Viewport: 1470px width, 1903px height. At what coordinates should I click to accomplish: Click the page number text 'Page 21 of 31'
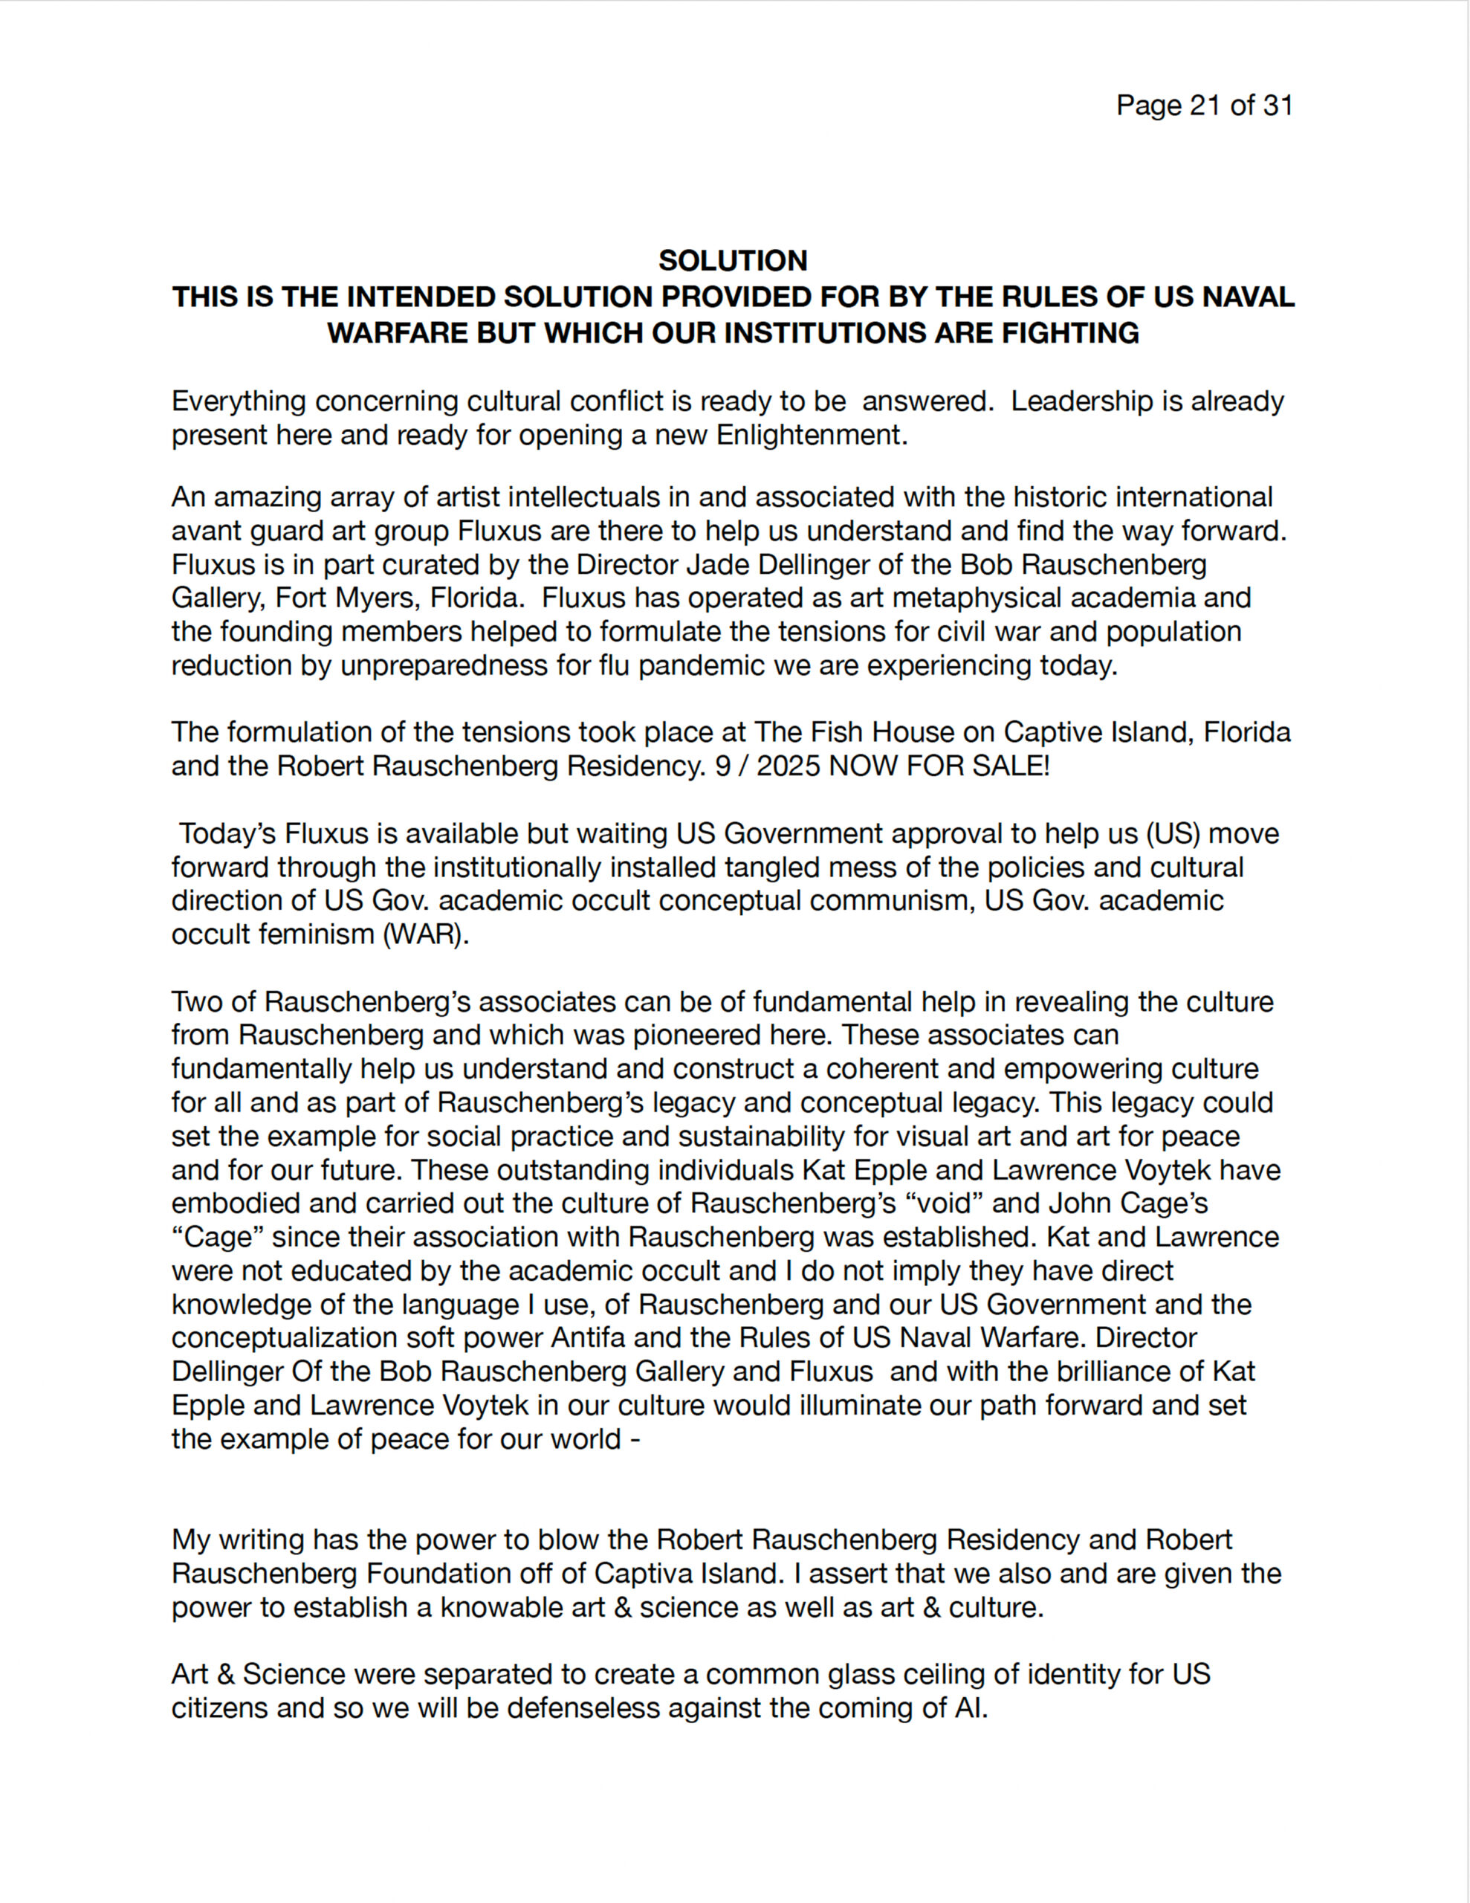(1204, 106)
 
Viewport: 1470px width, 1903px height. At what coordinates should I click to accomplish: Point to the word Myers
(471, 598)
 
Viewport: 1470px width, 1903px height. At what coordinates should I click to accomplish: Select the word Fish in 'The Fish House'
(839, 732)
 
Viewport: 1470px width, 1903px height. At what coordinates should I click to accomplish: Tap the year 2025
(789, 766)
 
